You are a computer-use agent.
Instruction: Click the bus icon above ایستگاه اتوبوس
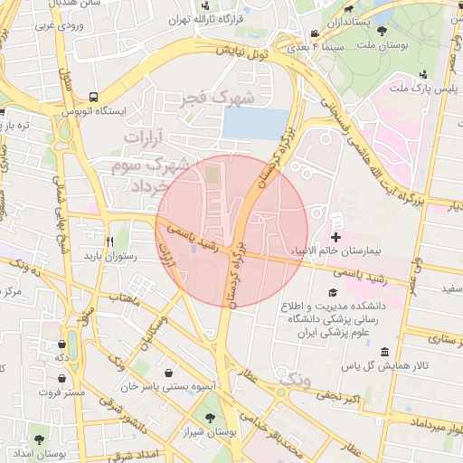point(94,97)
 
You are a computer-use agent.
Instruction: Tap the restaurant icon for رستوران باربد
point(109,241)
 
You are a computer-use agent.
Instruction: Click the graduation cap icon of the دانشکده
point(333,294)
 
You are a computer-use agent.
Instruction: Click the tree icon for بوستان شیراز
point(211,418)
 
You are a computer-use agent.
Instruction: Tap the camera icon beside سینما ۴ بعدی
point(313,33)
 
